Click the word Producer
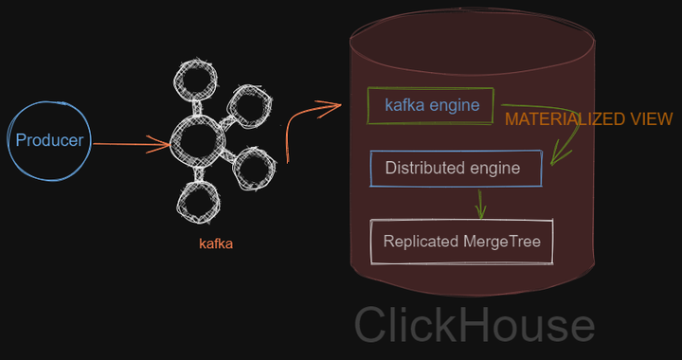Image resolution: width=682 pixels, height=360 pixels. [49, 141]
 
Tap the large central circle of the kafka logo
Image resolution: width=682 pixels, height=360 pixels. [198, 142]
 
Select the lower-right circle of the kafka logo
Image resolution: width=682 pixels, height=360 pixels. [252, 168]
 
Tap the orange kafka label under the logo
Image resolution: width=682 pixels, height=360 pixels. [215, 243]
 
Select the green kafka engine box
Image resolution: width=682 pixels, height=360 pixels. [431, 105]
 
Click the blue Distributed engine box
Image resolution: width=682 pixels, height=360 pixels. [456, 169]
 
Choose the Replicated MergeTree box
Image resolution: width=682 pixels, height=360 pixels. [461, 242]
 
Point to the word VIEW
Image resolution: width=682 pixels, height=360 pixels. [654, 119]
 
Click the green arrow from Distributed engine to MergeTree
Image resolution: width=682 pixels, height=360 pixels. [481, 202]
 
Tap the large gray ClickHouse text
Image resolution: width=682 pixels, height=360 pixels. [474, 324]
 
